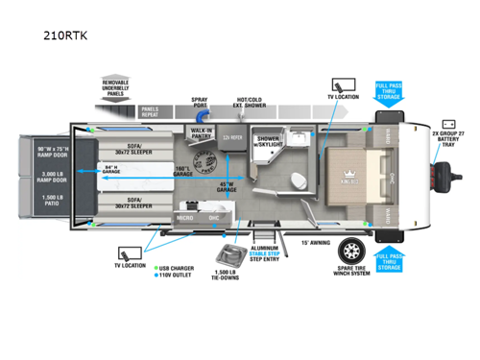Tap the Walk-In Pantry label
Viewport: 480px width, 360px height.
pyautogui.click(x=202, y=132)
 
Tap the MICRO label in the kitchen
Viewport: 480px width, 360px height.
pyautogui.click(x=186, y=217)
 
